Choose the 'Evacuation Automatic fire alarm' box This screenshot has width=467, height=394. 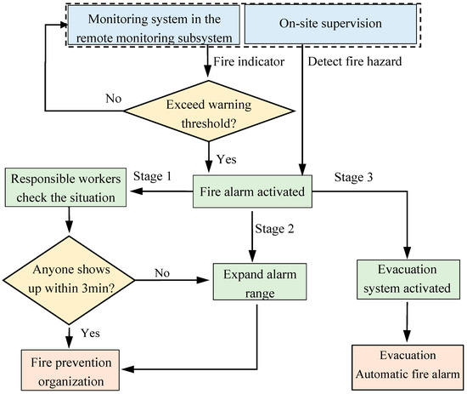click(x=408, y=364)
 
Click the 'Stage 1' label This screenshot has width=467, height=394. click(x=155, y=176)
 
